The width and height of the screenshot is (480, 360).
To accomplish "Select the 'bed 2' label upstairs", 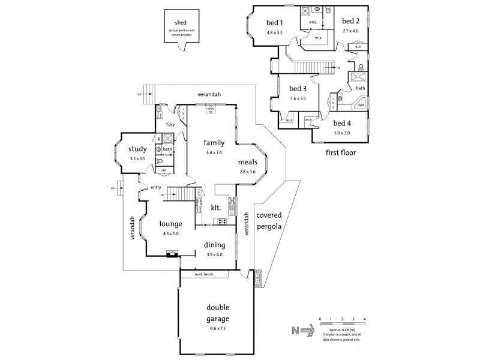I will point(351,21).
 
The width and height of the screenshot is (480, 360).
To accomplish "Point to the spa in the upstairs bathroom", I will point(362,104).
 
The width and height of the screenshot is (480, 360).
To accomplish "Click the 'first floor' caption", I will point(340,152).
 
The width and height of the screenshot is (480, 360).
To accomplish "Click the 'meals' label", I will point(247,163).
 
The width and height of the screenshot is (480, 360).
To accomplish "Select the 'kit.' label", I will point(217,208).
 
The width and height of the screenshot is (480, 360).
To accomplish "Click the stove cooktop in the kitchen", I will point(221,221).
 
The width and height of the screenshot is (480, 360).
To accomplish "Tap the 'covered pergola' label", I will point(269,221).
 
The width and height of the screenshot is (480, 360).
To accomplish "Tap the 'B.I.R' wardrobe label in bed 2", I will point(358,46).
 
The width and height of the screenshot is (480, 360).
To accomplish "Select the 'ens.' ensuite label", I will point(313,22).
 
